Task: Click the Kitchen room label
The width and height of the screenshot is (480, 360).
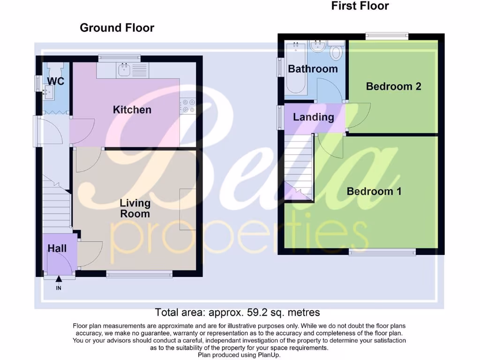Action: point(132,110)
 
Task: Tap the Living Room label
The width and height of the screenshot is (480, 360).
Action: point(135,209)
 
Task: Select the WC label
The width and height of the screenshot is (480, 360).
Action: point(55,81)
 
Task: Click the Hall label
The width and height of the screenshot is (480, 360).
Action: point(57,248)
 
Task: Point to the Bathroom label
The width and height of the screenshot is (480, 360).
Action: point(313,69)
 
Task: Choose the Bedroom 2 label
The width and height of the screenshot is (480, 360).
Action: point(393,86)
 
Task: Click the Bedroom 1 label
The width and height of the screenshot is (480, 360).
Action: point(374,191)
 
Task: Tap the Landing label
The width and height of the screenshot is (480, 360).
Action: point(313,117)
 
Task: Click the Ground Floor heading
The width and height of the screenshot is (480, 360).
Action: point(117,28)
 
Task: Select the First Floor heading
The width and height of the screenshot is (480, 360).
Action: point(360,6)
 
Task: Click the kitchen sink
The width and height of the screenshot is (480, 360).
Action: point(124,70)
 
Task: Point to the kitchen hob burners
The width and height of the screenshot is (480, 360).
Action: point(188,105)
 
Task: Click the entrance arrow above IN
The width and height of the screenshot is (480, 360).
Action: point(59,280)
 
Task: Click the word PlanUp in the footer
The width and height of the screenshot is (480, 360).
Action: point(267,355)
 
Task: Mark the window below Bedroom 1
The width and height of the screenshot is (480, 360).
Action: point(382,252)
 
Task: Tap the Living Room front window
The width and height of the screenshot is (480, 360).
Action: point(139,274)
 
